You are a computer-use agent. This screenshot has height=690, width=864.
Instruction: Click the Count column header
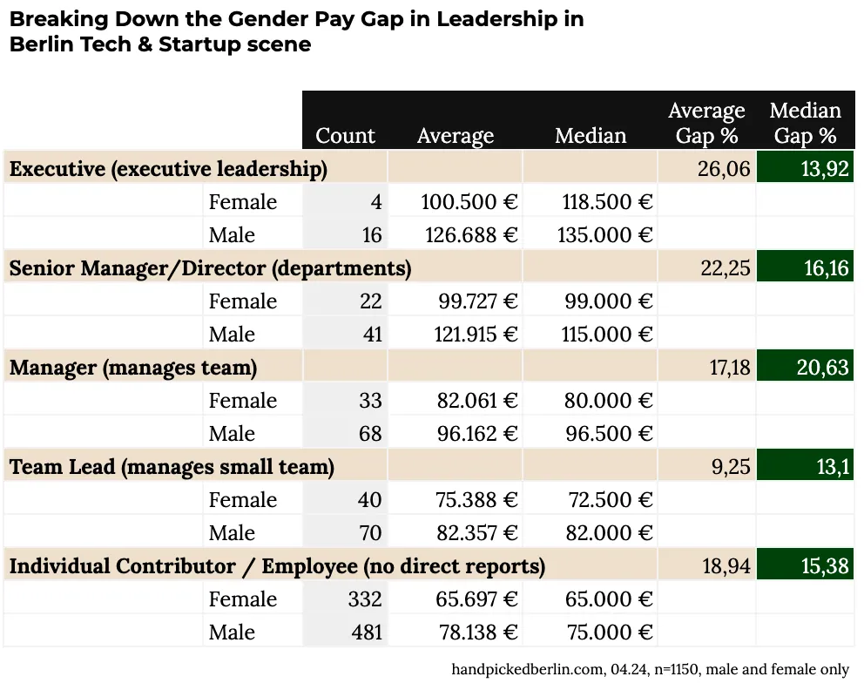[345, 136]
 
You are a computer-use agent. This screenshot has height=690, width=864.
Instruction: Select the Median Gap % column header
[805, 123]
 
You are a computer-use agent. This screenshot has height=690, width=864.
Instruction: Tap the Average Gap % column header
[706, 123]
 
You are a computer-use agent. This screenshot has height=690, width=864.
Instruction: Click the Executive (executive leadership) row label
[168, 169]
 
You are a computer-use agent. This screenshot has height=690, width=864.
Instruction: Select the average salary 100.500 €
[469, 202]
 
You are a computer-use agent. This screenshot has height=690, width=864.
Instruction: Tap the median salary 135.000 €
[604, 235]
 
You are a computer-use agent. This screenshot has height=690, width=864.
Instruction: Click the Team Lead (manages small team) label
[172, 467]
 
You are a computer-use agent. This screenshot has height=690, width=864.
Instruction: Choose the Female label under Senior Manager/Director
[243, 301]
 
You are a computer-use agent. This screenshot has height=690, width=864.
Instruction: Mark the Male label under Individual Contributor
[232, 632]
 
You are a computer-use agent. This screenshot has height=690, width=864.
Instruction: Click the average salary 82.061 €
[476, 401]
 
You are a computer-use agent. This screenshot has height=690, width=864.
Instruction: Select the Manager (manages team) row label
[133, 368]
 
